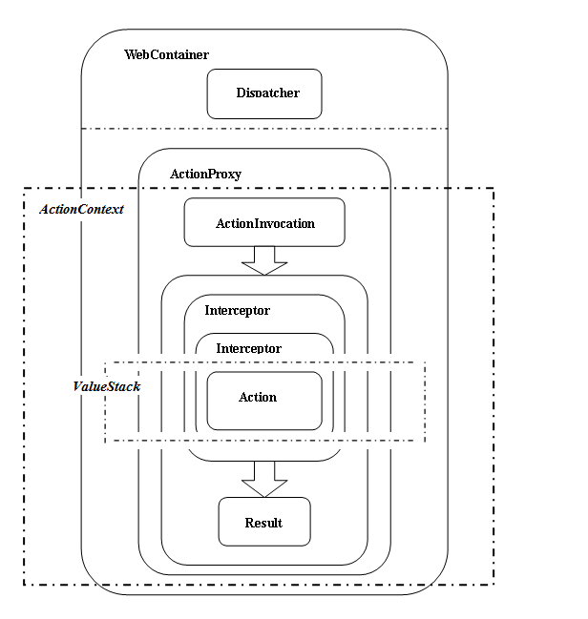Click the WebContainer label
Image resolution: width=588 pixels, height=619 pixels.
166,55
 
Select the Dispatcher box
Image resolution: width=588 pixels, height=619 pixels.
264,93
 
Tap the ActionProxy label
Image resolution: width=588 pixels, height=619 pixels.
205,175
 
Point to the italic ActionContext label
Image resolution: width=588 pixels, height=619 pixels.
81,209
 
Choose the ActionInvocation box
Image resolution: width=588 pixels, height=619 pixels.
264,223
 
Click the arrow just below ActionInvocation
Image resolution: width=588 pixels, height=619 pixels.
264,260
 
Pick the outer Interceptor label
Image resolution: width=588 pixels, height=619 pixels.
237,311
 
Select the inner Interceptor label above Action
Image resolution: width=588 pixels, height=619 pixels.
248,348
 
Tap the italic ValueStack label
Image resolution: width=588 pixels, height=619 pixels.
107,386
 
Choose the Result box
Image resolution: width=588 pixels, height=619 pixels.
264,523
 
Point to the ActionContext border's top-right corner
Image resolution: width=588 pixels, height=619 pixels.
493,189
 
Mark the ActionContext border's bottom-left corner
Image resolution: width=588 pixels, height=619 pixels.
25,584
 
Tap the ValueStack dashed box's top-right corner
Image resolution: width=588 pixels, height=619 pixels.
424,363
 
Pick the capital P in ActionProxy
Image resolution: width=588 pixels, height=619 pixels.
212,175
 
